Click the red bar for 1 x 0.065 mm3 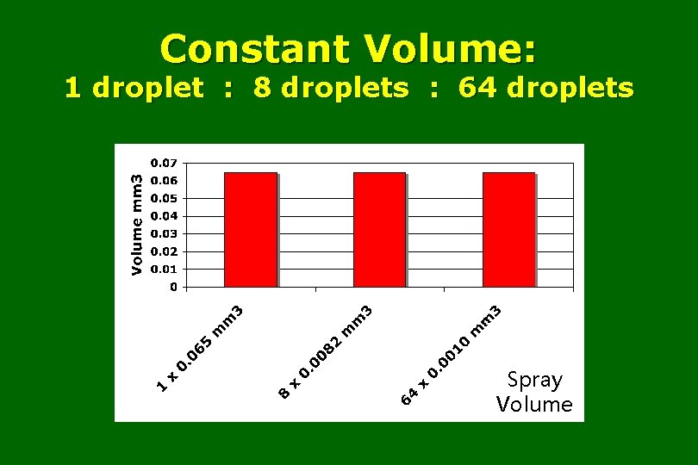pyautogui.click(x=250, y=229)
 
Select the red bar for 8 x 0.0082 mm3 pyautogui.click(x=379, y=229)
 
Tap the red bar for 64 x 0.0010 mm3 pyautogui.click(x=508, y=229)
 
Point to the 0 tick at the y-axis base pyautogui.click(x=172, y=287)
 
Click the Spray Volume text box pyautogui.click(x=534, y=392)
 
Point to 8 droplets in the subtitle pyautogui.click(x=332, y=88)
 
